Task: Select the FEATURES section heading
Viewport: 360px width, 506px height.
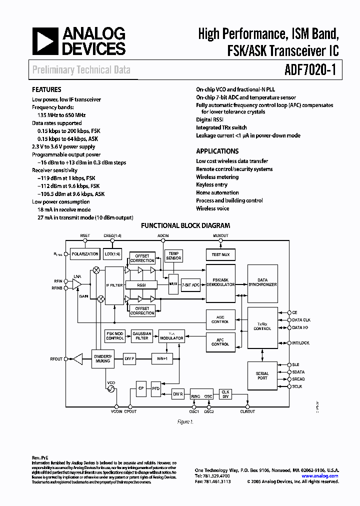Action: tap(47, 90)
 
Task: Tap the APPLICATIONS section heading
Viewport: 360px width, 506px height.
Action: tap(217, 151)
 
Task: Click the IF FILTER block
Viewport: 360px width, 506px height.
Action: tap(114, 284)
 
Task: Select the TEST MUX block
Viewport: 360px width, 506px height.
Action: tap(220, 254)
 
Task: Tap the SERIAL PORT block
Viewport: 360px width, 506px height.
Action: tap(262, 375)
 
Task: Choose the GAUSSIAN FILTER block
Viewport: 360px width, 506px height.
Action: tap(142, 336)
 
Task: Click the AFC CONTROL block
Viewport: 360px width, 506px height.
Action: tap(220, 341)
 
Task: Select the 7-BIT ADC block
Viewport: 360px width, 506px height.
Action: tap(190, 284)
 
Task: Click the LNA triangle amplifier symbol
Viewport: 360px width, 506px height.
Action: tap(76, 284)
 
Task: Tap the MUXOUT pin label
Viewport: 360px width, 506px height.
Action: tap(220, 235)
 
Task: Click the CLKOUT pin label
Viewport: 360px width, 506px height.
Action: tap(247, 411)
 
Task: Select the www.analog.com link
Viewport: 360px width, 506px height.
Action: tap(320, 476)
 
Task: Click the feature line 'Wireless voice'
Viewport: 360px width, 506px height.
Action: tap(212, 208)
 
